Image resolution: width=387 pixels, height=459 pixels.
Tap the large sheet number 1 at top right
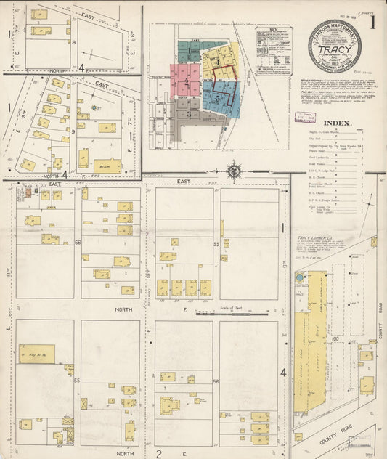coord(372,21)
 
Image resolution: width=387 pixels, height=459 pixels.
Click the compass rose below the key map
coord(235,171)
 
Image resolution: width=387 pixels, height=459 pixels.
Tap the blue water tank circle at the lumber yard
coord(298,277)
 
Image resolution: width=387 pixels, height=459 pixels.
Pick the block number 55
coord(216,245)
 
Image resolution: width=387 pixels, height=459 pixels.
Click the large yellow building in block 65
coord(36,354)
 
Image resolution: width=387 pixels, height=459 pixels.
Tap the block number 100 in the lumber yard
coord(336,338)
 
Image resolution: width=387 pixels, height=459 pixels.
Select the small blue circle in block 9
coord(94,108)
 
